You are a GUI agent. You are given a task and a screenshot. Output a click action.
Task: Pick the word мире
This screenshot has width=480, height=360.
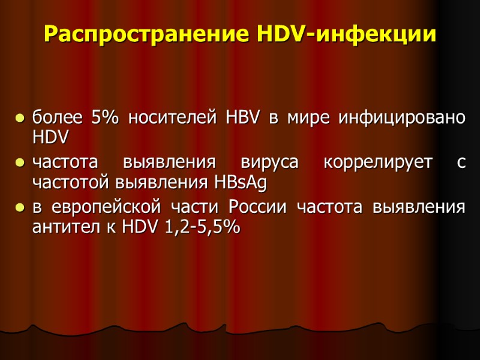pyautogui.click(x=304, y=118)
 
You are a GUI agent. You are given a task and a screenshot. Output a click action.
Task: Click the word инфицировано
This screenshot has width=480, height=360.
pyautogui.click(x=401, y=118)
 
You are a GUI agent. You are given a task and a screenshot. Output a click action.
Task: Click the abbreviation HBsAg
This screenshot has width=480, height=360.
pyautogui.click(x=239, y=182)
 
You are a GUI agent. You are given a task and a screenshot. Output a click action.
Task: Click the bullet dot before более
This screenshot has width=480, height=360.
pyautogui.click(x=20, y=119)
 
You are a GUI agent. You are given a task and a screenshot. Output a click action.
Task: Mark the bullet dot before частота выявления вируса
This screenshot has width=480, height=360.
pyautogui.click(x=20, y=164)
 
